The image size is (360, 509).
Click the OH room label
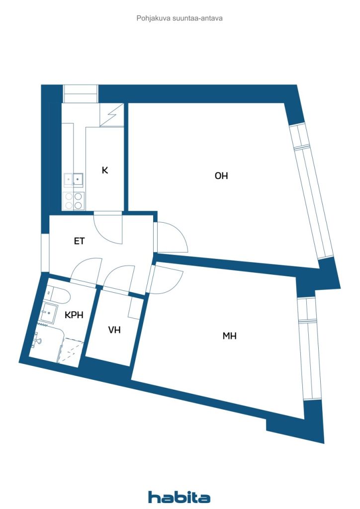click(221, 175)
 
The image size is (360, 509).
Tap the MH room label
click(230, 336)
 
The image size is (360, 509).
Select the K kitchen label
click(104, 170)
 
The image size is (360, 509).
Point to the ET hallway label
click(80, 241)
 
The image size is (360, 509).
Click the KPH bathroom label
click(74, 315)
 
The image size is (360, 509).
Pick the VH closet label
click(114, 330)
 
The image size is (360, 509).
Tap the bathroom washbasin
click(49, 312)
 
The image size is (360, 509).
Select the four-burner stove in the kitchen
click(74, 201)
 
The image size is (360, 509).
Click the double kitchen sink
click(74, 179)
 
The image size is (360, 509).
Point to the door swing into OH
click(172, 237)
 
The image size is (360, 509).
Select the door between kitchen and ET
click(108, 228)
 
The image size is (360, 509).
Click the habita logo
click(179, 497)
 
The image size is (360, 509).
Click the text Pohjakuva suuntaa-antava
click(180, 18)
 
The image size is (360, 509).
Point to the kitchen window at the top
click(80, 94)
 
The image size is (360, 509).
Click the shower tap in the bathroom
click(37, 341)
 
